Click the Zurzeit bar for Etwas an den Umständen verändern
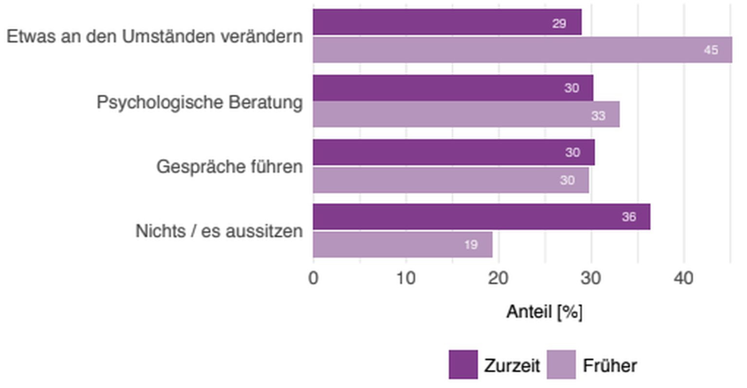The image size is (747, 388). coord(447,22)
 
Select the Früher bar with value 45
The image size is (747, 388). coord(522,50)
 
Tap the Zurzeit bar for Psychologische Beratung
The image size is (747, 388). coord(453,88)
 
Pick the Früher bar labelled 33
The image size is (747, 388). coord(466,115)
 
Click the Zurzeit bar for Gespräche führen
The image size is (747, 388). coord(453,152)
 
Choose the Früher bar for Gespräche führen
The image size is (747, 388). coord(450,180)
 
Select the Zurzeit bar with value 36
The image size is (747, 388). coord(481,217)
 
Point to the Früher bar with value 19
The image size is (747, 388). coord(402,244)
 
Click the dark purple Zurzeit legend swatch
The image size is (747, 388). coord(463,365)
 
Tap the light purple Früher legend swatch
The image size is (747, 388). coord(561,365)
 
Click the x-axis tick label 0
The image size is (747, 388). coord(314,278)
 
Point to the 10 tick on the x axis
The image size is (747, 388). coord(406,278)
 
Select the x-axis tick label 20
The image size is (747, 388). coord(498,278)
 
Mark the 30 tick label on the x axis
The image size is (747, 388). coord(591,278)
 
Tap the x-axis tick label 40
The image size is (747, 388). coord(683,278)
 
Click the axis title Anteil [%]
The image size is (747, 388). coord(544,312)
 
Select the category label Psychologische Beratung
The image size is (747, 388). coord(199,102)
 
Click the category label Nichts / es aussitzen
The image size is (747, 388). coord(219,231)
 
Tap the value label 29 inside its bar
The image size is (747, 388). coord(559,23)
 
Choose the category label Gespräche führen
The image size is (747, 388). coord(229,166)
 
